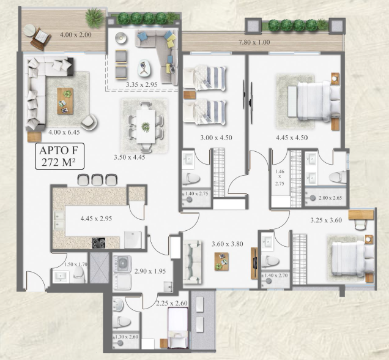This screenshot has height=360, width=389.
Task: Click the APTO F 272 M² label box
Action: click(x=59, y=156)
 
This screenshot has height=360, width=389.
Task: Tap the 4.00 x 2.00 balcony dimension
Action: click(x=76, y=35)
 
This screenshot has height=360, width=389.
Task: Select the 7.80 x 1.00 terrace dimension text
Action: click(x=254, y=42)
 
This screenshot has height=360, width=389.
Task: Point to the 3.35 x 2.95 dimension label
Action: click(x=141, y=84)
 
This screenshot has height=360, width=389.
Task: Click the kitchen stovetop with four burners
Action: click(x=98, y=243)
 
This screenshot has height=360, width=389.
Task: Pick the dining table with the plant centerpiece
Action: click(x=146, y=127)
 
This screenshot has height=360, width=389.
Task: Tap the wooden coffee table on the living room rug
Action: click(x=65, y=101)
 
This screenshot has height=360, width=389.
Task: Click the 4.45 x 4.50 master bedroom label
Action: click(x=292, y=138)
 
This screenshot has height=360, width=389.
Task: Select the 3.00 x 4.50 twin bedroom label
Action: click(x=216, y=138)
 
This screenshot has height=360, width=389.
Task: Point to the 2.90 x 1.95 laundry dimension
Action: click(x=150, y=271)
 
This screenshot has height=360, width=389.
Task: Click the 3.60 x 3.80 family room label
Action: click(x=228, y=244)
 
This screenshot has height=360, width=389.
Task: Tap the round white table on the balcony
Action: click(x=30, y=30)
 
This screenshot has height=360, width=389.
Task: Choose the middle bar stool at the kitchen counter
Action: click(x=97, y=180)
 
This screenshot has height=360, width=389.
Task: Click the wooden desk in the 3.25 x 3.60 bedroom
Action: click(x=361, y=215)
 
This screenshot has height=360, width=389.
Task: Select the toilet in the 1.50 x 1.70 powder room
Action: click(x=80, y=275)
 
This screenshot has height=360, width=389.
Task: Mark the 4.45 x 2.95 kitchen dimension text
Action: click(x=96, y=219)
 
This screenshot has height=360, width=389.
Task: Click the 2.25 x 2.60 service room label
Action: click(x=172, y=303)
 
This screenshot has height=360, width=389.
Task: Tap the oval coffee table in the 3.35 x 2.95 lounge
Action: click(x=144, y=67)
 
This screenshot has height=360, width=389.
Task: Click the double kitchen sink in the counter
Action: click(x=59, y=220)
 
